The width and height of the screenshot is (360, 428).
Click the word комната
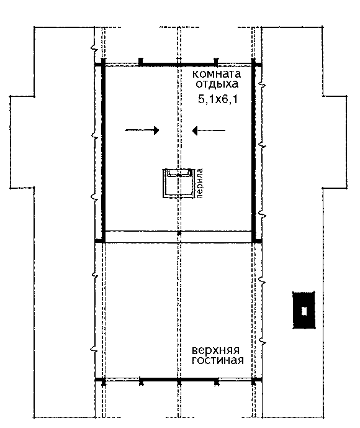click(217, 74)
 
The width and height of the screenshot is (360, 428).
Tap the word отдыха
click(217, 84)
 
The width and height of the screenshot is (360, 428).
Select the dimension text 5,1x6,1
click(218, 99)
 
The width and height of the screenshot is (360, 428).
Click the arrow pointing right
click(142, 130)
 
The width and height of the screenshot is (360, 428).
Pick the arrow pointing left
click(209, 130)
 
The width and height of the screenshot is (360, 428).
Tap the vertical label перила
click(200, 183)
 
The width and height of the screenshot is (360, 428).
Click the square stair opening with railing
click(179, 183)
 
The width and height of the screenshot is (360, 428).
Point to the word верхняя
click(215, 350)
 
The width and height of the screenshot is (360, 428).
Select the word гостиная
click(218, 360)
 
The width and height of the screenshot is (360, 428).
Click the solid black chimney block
click(304, 310)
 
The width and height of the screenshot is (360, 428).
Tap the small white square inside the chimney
click(304, 311)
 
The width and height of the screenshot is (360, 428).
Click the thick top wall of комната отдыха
click(178, 65)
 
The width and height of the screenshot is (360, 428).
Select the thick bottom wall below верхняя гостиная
click(178, 380)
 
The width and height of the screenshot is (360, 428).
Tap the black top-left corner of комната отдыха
click(104, 64)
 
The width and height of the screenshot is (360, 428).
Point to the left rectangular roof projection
click(22, 142)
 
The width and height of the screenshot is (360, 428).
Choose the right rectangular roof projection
click(335, 142)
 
